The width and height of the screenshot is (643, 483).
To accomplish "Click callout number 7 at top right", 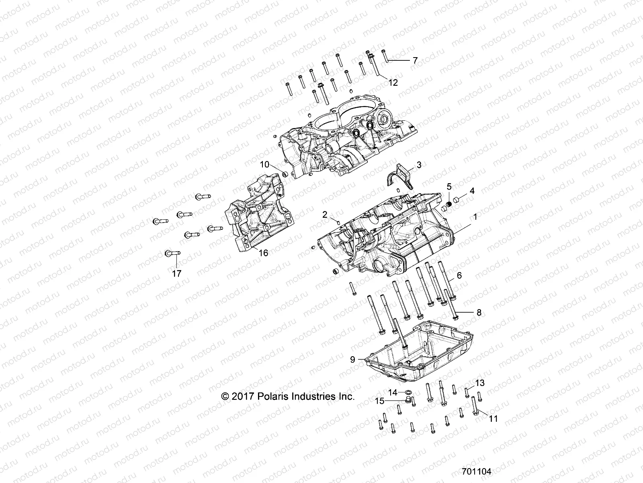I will click(x=415, y=60).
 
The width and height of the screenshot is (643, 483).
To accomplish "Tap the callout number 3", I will click(x=419, y=165).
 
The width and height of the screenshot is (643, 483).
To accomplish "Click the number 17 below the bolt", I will click(x=176, y=273).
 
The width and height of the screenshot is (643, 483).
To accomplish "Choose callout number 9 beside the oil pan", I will click(x=352, y=359).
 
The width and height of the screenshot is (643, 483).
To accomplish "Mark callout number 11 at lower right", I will click(x=493, y=419).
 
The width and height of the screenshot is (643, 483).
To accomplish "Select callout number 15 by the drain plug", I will click(x=380, y=401).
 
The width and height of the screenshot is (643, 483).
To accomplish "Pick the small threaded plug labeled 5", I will click(x=451, y=205).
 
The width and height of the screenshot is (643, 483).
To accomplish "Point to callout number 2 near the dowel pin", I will click(x=325, y=215).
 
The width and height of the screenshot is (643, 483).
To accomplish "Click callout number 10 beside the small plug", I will click(x=275, y=164).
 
